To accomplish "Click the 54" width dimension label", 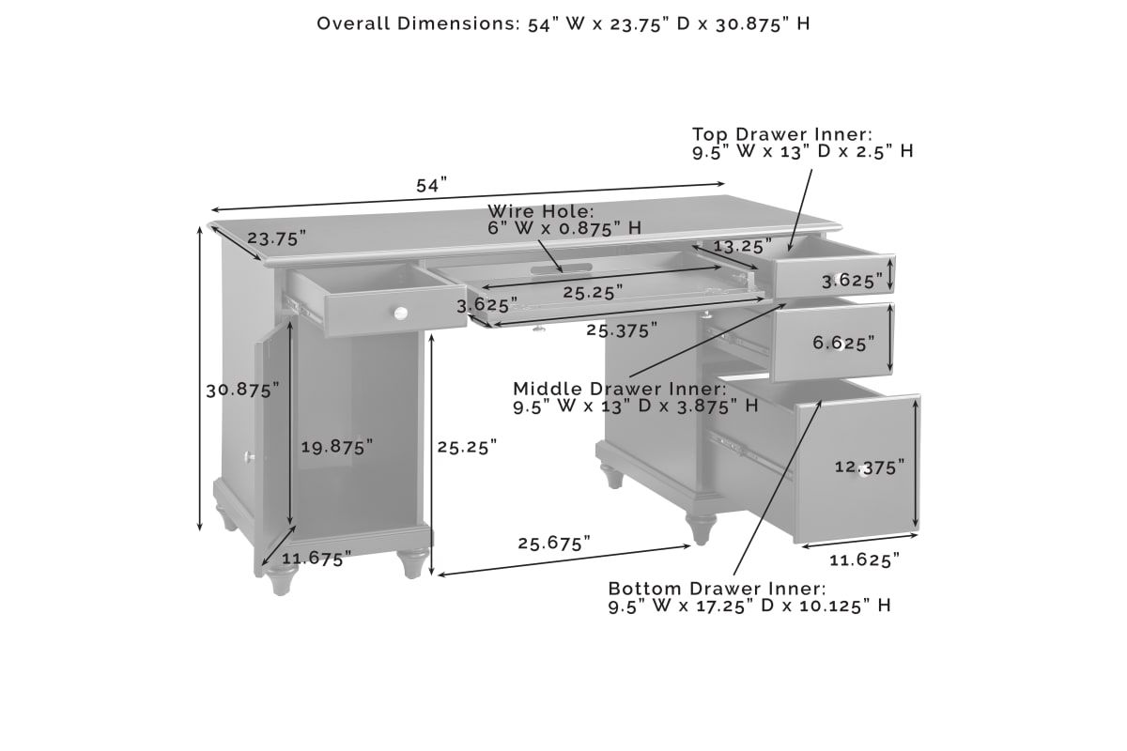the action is tap(431, 185).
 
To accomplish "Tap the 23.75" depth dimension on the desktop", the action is tap(276, 238).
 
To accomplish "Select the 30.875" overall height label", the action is tap(242, 390).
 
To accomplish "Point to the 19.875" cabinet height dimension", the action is tap(337, 447).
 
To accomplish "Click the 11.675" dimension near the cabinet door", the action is tap(316, 559).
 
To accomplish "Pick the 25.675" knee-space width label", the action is tap(554, 544).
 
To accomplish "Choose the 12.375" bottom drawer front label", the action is tap(870, 467).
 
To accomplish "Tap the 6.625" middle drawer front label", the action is tap(843, 343).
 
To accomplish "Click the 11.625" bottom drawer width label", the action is tap(864, 559).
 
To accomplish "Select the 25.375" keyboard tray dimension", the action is tap(622, 330).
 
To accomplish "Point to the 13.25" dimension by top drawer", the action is tap(743, 246).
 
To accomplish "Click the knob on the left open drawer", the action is tap(400, 314).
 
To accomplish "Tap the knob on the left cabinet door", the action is tap(250, 457).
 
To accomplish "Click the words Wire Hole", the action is tap(541, 211).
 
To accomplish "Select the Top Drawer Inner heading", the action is tap(782, 134).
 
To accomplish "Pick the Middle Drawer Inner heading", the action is tap(620, 389).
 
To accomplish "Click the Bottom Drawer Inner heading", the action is tap(717, 589).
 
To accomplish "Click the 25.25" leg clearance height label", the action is tap(467, 447).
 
